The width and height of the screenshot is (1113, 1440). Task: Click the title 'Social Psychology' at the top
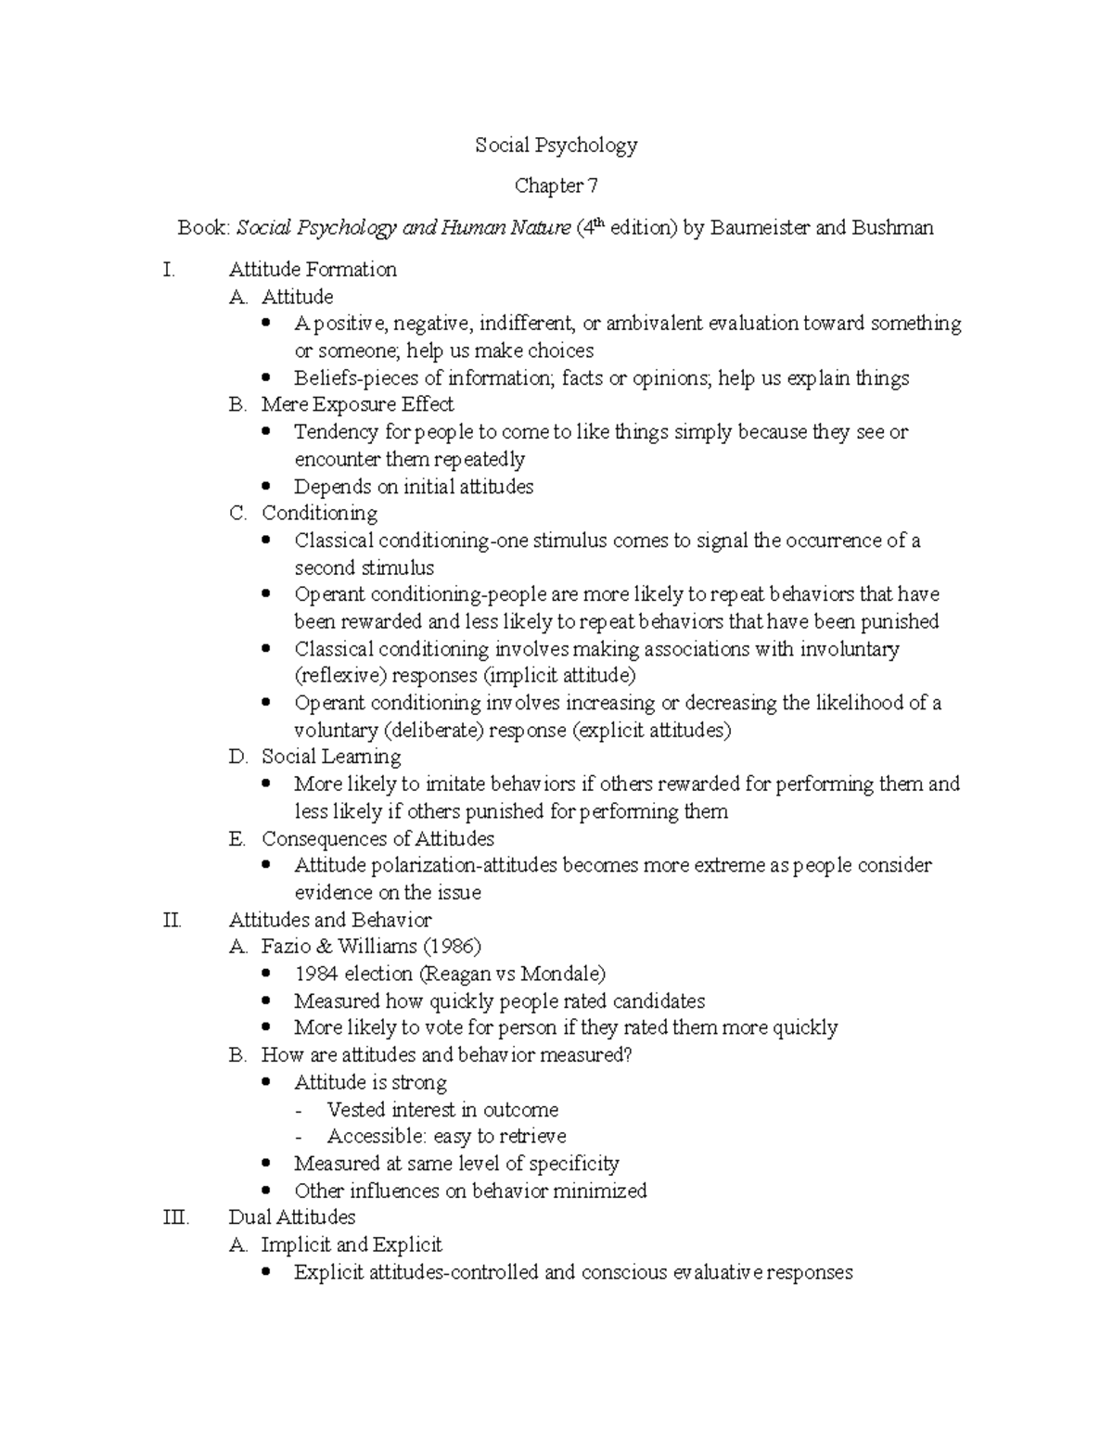pyautogui.click(x=556, y=146)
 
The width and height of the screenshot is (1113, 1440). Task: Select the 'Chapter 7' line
pyautogui.click(x=556, y=186)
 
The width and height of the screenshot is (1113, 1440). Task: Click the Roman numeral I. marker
pyautogui.click(x=168, y=270)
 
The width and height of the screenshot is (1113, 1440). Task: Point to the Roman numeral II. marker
pyautogui.click(x=172, y=921)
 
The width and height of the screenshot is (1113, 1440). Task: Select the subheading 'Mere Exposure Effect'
pyautogui.click(x=357, y=405)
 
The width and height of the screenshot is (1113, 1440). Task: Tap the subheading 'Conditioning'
pyautogui.click(x=319, y=514)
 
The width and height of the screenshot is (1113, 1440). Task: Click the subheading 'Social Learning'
pyautogui.click(x=331, y=758)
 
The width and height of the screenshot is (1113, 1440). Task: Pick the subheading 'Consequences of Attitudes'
pyautogui.click(x=377, y=839)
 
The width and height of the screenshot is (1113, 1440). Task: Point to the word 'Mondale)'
pyautogui.click(x=563, y=975)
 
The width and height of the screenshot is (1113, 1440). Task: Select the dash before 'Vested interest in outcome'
pyautogui.click(x=297, y=1111)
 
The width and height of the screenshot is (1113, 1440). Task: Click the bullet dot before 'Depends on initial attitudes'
pyautogui.click(x=268, y=487)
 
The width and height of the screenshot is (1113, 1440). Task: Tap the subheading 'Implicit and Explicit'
pyautogui.click(x=352, y=1245)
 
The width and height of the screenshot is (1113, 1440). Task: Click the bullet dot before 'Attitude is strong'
pyautogui.click(x=268, y=1083)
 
